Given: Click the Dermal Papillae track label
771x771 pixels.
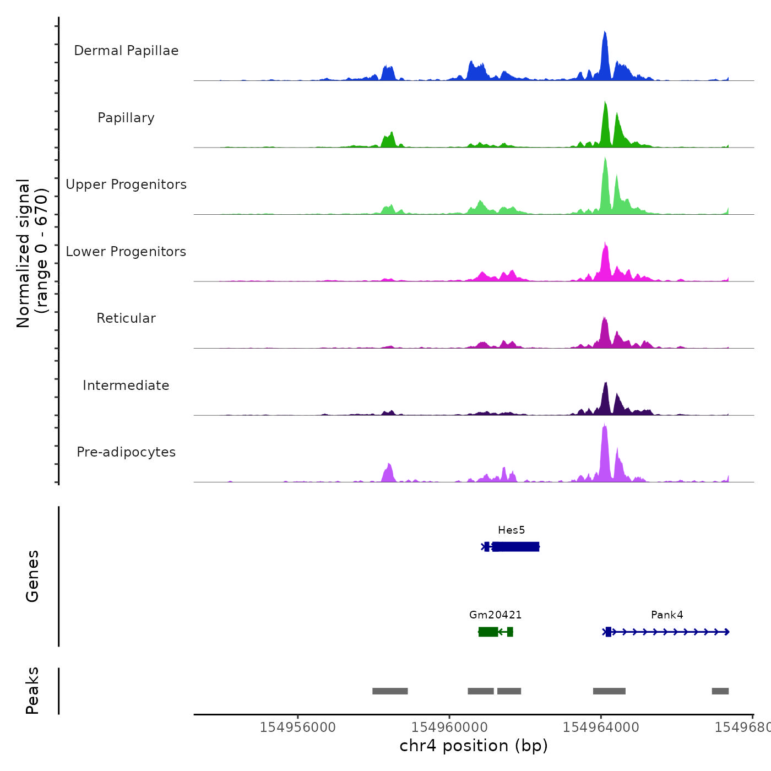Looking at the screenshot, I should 126,51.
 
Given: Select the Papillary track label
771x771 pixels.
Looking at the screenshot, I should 126,118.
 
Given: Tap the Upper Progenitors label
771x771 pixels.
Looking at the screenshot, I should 126,184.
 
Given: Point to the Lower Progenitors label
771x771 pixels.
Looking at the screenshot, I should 126,252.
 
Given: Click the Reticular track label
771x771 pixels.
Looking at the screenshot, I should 126,318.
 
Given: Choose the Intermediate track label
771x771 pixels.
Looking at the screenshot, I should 126,385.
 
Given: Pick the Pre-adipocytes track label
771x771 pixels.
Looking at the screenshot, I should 126,452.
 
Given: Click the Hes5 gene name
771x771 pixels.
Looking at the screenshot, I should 511,530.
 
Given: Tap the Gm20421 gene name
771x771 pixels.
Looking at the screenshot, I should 495,615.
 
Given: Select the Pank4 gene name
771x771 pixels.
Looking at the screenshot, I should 667,615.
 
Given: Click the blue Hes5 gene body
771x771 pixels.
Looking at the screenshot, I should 515,546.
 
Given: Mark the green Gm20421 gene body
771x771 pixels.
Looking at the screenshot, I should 488,632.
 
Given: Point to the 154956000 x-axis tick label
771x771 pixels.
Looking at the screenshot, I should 297,727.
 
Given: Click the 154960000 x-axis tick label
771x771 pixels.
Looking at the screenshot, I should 449,727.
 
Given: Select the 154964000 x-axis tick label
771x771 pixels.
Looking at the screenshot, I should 601,727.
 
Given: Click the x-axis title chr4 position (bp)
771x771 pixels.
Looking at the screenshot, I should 474,746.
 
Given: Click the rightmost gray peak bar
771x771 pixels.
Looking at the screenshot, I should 720,691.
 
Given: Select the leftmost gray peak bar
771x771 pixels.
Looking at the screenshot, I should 390,691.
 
